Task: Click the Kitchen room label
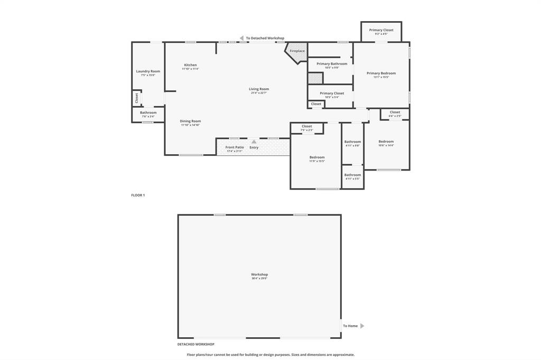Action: pos(190,65)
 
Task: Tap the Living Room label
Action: pos(259,89)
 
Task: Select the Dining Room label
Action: pos(190,121)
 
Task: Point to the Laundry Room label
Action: pos(148,71)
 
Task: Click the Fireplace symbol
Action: pos(297,51)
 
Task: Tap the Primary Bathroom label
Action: pos(332,64)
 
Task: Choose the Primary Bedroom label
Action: pos(381,73)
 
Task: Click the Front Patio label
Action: pos(235,147)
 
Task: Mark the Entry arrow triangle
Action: pos(254,141)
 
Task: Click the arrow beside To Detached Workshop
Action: pos(241,38)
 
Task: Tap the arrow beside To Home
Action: pos(362,326)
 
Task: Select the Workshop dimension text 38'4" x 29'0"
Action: pos(259,278)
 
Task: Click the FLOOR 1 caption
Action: pos(138,195)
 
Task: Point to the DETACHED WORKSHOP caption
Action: pos(195,344)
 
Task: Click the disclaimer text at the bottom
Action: pos(270,355)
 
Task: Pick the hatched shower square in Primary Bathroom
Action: pos(315,78)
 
